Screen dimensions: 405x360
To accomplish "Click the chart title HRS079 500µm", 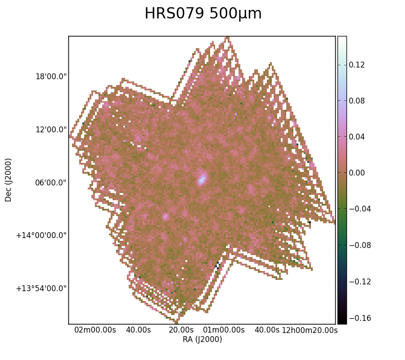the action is click(203, 13).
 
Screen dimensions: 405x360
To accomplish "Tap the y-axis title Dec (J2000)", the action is click(8, 180).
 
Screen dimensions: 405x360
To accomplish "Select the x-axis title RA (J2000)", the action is click(202, 339).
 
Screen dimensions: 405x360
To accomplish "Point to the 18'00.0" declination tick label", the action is click(51, 76).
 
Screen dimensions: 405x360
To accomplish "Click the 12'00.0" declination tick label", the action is click(51, 130).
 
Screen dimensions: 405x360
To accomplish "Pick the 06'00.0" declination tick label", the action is click(51, 183).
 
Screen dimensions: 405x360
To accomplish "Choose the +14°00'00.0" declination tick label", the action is click(41, 235).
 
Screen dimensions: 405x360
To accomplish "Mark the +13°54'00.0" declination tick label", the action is click(41, 288).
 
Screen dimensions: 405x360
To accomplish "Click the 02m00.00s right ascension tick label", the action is click(95, 330).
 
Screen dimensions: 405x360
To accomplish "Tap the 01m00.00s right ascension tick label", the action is click(224, 330).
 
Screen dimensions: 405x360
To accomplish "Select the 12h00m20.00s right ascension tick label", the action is click(310, 330).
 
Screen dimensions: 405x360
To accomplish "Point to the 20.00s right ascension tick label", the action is click(181, 330).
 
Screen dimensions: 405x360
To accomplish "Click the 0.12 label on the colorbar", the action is click(357, 65).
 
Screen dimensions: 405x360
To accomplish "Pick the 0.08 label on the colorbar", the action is click(357, 101).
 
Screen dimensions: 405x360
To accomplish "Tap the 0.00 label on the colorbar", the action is click(357, 173).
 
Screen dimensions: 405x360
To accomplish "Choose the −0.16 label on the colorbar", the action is click(360, 318).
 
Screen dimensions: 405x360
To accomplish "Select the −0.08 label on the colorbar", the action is click(360, 245).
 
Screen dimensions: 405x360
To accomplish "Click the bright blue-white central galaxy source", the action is click(202, 178).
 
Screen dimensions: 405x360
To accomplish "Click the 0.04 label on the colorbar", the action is click(357, 137).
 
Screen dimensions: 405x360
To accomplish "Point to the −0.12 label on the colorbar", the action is click(360, 281).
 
